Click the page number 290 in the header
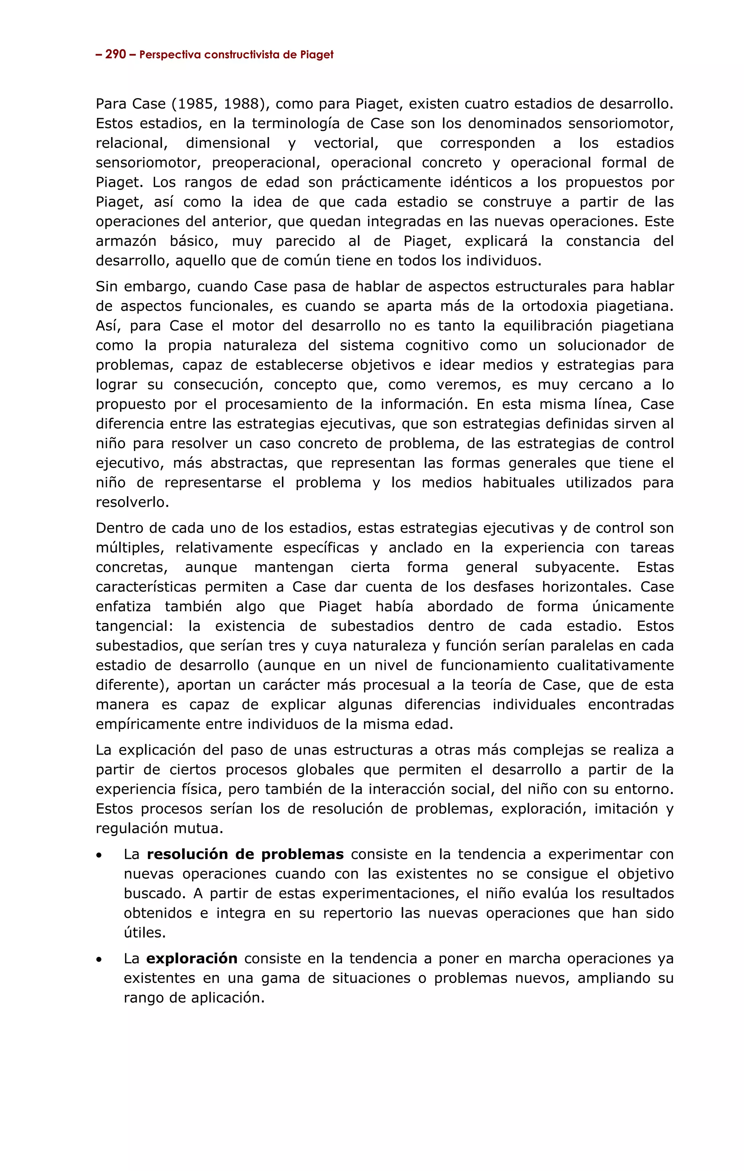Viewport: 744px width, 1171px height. coord(116,55)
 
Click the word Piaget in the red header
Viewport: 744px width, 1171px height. coord(316,55)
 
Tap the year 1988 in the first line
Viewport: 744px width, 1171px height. coord(243,104)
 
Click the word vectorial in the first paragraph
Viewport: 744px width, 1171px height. coord(345,144)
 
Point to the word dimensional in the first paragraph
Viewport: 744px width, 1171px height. coord(227,144)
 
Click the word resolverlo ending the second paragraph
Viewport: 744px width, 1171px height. coord(132,503)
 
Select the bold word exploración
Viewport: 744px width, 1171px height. coord(191,958)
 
